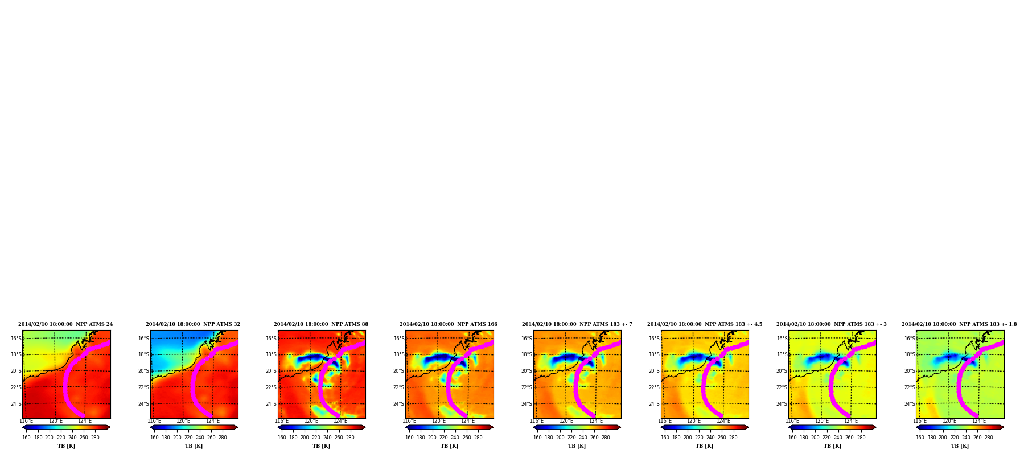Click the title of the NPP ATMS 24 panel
point(65,324)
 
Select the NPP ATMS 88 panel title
point(321,324)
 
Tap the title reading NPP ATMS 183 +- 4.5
point(705,324)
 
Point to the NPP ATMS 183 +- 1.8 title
point(959,324)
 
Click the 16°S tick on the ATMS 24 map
point(16,339)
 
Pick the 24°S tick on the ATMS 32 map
point(143,404)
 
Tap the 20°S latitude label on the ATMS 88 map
point(271,371)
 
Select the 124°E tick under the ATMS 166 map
point(467,421)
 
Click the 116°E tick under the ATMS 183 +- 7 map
point(537,421)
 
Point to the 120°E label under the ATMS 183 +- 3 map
point(821,421)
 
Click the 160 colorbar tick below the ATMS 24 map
point(26,438)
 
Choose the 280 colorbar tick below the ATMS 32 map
point(223,438)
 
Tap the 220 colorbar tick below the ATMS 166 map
point(443,438)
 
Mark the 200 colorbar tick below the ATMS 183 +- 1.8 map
point(943,438)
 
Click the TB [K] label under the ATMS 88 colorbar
point(321,446)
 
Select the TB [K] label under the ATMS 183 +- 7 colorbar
point(577,446)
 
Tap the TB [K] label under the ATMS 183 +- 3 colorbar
point(832,446)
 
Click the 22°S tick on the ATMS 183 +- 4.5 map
point(654,387)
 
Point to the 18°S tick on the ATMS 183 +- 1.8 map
point(910,354)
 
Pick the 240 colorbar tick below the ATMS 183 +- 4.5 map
point(710,438)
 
